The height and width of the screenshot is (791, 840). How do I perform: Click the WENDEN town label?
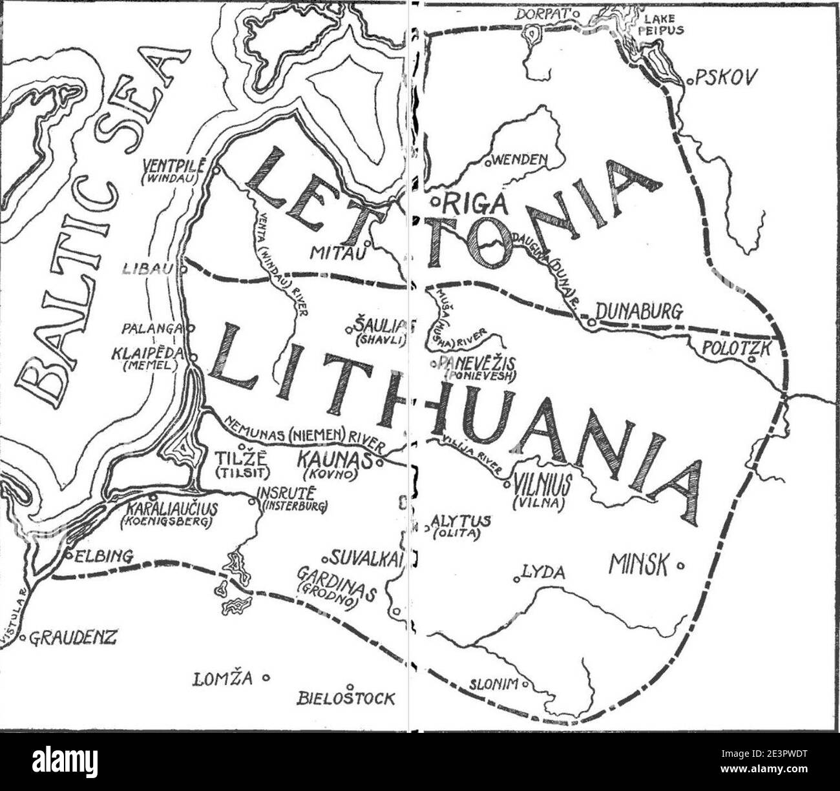point(519,159)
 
